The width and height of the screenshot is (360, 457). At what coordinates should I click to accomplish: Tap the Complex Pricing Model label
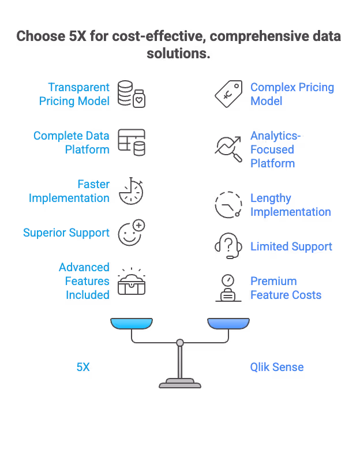pos(292,95)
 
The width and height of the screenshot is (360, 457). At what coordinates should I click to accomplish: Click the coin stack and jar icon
pos(132,94)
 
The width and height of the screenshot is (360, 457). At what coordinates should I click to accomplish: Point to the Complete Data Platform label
pos(71,143)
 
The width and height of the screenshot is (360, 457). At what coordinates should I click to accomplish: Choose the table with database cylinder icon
pos(132,143)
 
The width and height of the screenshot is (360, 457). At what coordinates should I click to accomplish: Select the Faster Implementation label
pos(69,191)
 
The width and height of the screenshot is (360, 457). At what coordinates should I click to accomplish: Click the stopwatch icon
pos(132,191)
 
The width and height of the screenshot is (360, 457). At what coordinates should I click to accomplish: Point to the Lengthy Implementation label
pos(290,205)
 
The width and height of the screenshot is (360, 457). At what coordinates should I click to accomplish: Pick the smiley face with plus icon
pos(132,233)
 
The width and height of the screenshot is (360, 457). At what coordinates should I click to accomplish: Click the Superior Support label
pos(66,233)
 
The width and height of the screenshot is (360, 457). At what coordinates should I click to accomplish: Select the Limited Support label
pos(291,247)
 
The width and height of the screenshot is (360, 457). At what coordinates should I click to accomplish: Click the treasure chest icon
pos(131,282)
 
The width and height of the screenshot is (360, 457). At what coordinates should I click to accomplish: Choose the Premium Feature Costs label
pos(286,288)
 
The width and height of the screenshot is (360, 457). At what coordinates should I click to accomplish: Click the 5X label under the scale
pos(83,367)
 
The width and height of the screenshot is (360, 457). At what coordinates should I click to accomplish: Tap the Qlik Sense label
pos(277,367)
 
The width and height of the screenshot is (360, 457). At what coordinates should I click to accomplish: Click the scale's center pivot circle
pos(180,343)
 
